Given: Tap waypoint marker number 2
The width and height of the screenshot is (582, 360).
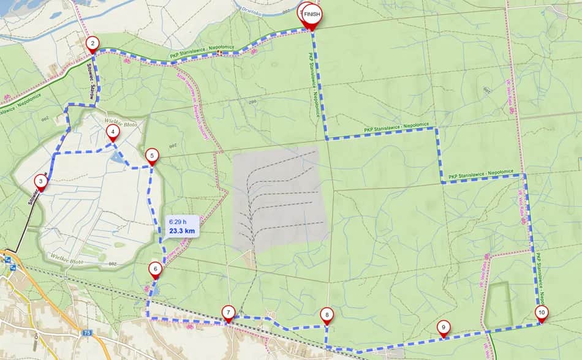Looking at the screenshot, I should click(x=92, y=43).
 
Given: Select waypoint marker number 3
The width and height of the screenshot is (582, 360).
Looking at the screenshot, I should click(x=40, y=181).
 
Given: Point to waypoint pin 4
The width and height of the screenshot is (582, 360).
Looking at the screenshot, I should click(x=112, y=132).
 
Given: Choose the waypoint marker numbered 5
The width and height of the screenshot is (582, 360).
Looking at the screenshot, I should click(x=152, y=156).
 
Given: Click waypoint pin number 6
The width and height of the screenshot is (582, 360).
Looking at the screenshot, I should click(x=155, y=269).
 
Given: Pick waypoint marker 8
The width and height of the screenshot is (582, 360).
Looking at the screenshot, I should click(x=327, y=315).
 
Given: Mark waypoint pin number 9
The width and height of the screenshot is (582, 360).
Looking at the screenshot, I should click(x=443, y=327).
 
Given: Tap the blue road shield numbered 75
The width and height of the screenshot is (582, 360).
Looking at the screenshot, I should click(x=88, y=333).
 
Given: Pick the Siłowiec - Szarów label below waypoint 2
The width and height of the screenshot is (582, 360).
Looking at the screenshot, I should click(x=92, y=76).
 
